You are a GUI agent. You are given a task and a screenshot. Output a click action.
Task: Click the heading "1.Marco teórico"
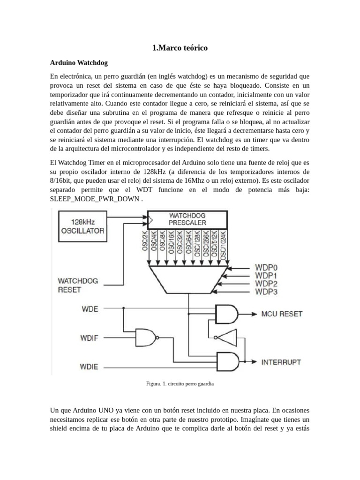[x=180, y=48]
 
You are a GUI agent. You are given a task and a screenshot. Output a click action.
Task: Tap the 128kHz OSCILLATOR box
[x=82, y=226]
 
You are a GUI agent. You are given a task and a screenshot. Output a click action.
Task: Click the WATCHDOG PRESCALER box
[x=187, y=219]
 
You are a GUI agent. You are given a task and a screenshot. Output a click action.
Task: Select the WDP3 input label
[x=266, y=292]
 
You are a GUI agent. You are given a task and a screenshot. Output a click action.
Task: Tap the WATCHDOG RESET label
[x=78, y=285]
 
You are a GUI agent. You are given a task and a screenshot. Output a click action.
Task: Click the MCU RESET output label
[x=282, y=314]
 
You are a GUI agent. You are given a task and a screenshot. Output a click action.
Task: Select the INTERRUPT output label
[x=281, y=362]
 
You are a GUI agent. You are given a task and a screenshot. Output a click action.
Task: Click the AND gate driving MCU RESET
[x=226, y=314]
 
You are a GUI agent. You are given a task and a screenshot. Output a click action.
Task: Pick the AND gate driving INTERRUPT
[x=226, y=362]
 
